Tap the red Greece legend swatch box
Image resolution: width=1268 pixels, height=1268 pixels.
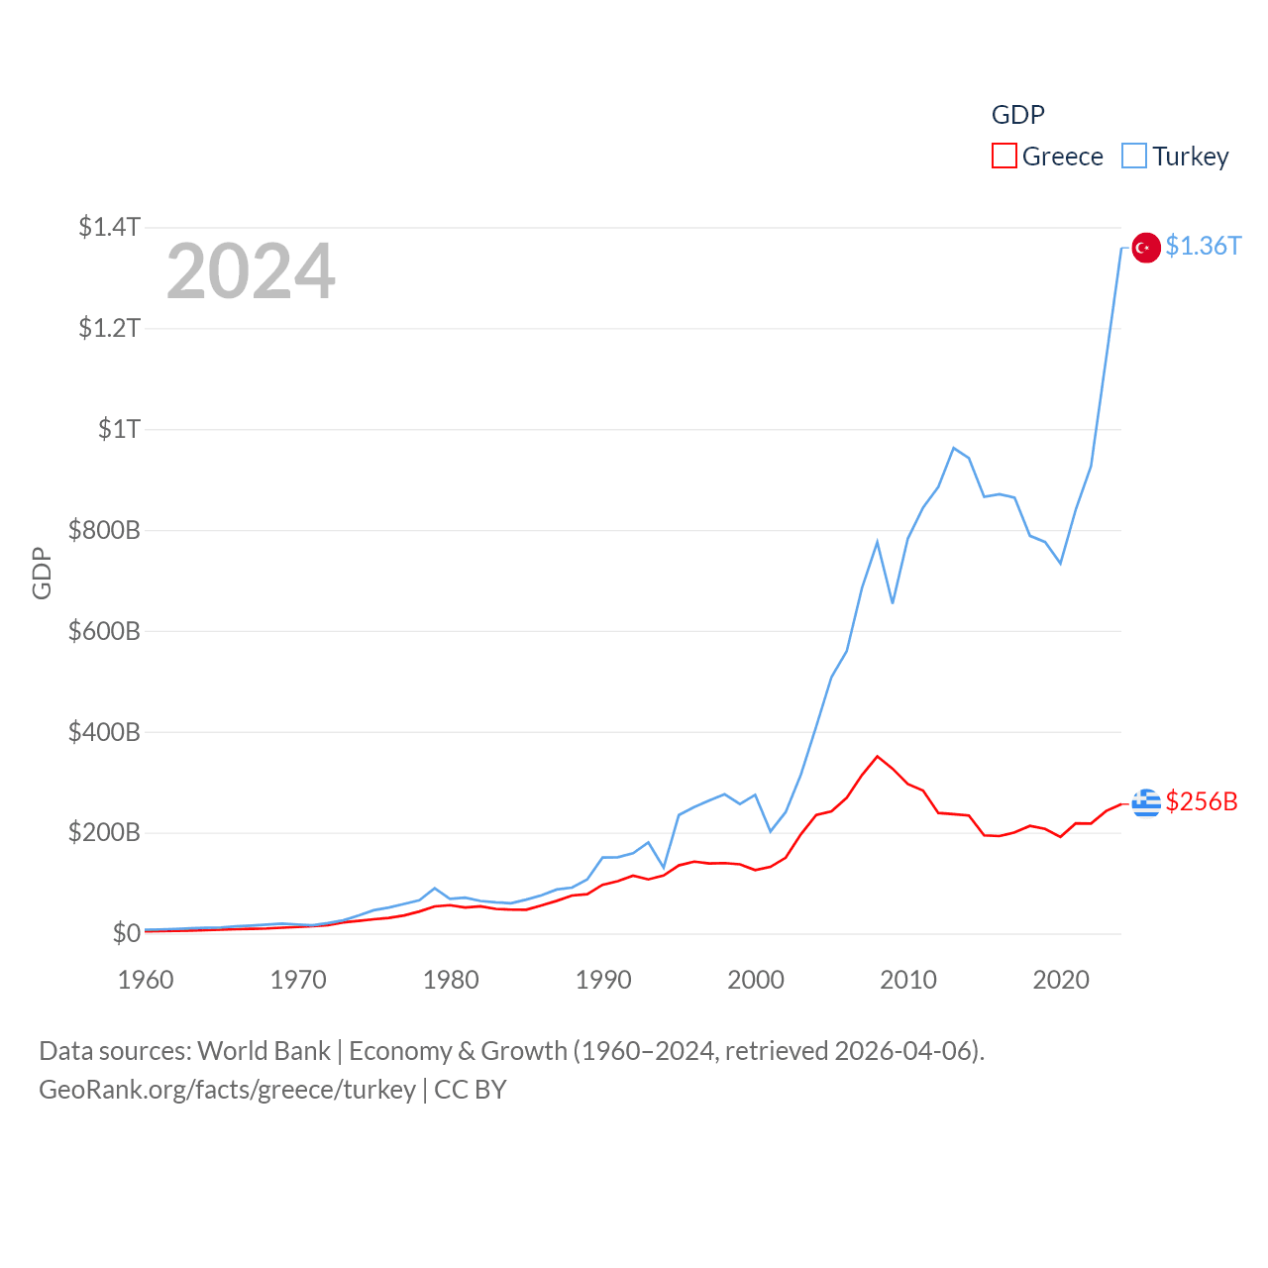pyautogui.click(x=1004, y=157)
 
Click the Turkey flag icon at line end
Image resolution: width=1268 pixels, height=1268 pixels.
pyautogui.click(x=1146, y=248)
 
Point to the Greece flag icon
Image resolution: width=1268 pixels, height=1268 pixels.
pyautogui.click(x=1146, y=803)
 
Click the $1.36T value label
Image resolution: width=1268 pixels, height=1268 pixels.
pyautogui.click(x=1203, y=246)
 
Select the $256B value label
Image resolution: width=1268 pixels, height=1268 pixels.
pyautogui.click(x=1202, y=801)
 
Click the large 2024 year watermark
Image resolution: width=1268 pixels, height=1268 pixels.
pyautogui.click(x=251, y=271)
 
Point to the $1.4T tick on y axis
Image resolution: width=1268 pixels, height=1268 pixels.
pyautogui.click(x=109, y=227)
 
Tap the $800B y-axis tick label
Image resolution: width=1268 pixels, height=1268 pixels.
pyautogui.click(x=104, y=530)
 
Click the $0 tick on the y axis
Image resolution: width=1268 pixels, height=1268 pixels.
pyautogui.click(x=126, y=933)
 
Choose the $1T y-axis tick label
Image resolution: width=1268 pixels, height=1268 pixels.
pyautogui.click(x=119, y=429)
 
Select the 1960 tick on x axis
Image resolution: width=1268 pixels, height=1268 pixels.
pyautogui.click(x=146, y=980)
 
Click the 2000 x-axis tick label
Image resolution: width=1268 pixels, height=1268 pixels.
pyautogui.click(x=756, y=980)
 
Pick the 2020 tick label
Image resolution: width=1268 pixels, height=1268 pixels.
pyautogui.click(x=1061, y=980)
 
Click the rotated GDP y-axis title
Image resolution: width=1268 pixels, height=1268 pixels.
pyautogui.click(x=42, y=573)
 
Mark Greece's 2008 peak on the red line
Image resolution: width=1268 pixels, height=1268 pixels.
pyautogui.click(x=877, y=757)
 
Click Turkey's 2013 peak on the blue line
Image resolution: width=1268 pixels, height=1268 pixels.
pyautogui.click(x=953, y=449)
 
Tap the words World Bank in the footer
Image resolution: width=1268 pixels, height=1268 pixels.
pyautogui.click(x=264, y=1051)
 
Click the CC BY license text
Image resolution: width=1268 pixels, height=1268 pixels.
pyautogui.click(x=471, y=1090)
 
